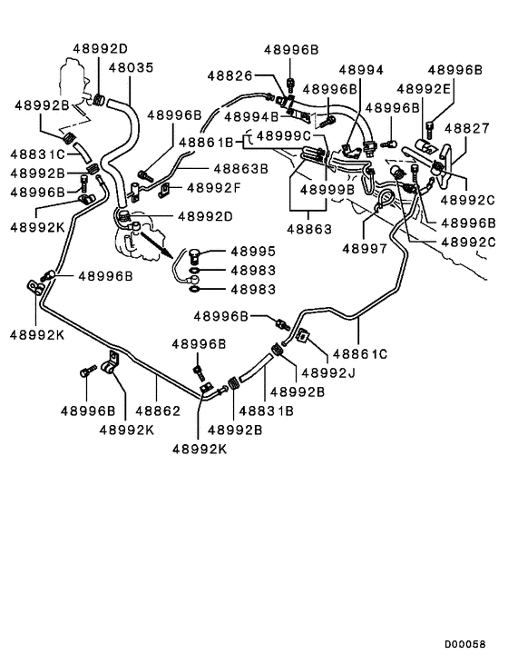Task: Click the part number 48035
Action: tap(132, 67)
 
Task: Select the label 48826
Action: tap(230, 75)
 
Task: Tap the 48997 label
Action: tap(365, 249)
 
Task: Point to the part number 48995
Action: tap(253, 252)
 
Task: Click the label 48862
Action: tap(158, 411)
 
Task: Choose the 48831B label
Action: tap(266, 411)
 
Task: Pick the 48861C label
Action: tap(360, 353)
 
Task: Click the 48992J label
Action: tap(328, 372)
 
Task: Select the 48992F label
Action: tap(213, 188)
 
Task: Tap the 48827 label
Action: tap(466, 128)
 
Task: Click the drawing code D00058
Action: tap(464, 645)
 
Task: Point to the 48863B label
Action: tap(240, 169)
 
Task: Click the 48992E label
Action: tap(424, 89)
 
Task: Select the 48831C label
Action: tap(37, 154)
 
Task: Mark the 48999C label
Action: tap(284, 136)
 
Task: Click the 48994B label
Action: tap(251, 116)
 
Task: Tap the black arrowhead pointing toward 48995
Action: tap(168, 253)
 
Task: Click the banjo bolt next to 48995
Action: tap(195, 254)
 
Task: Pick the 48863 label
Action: tap(309, 230)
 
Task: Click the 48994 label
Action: tap(361, 70)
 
